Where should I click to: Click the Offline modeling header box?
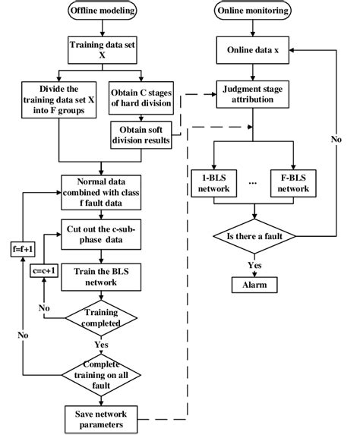(102, 11)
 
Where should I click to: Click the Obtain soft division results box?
(142, 136)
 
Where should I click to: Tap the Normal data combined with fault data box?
(102, 193)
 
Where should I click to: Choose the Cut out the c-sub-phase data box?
(102, 233)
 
